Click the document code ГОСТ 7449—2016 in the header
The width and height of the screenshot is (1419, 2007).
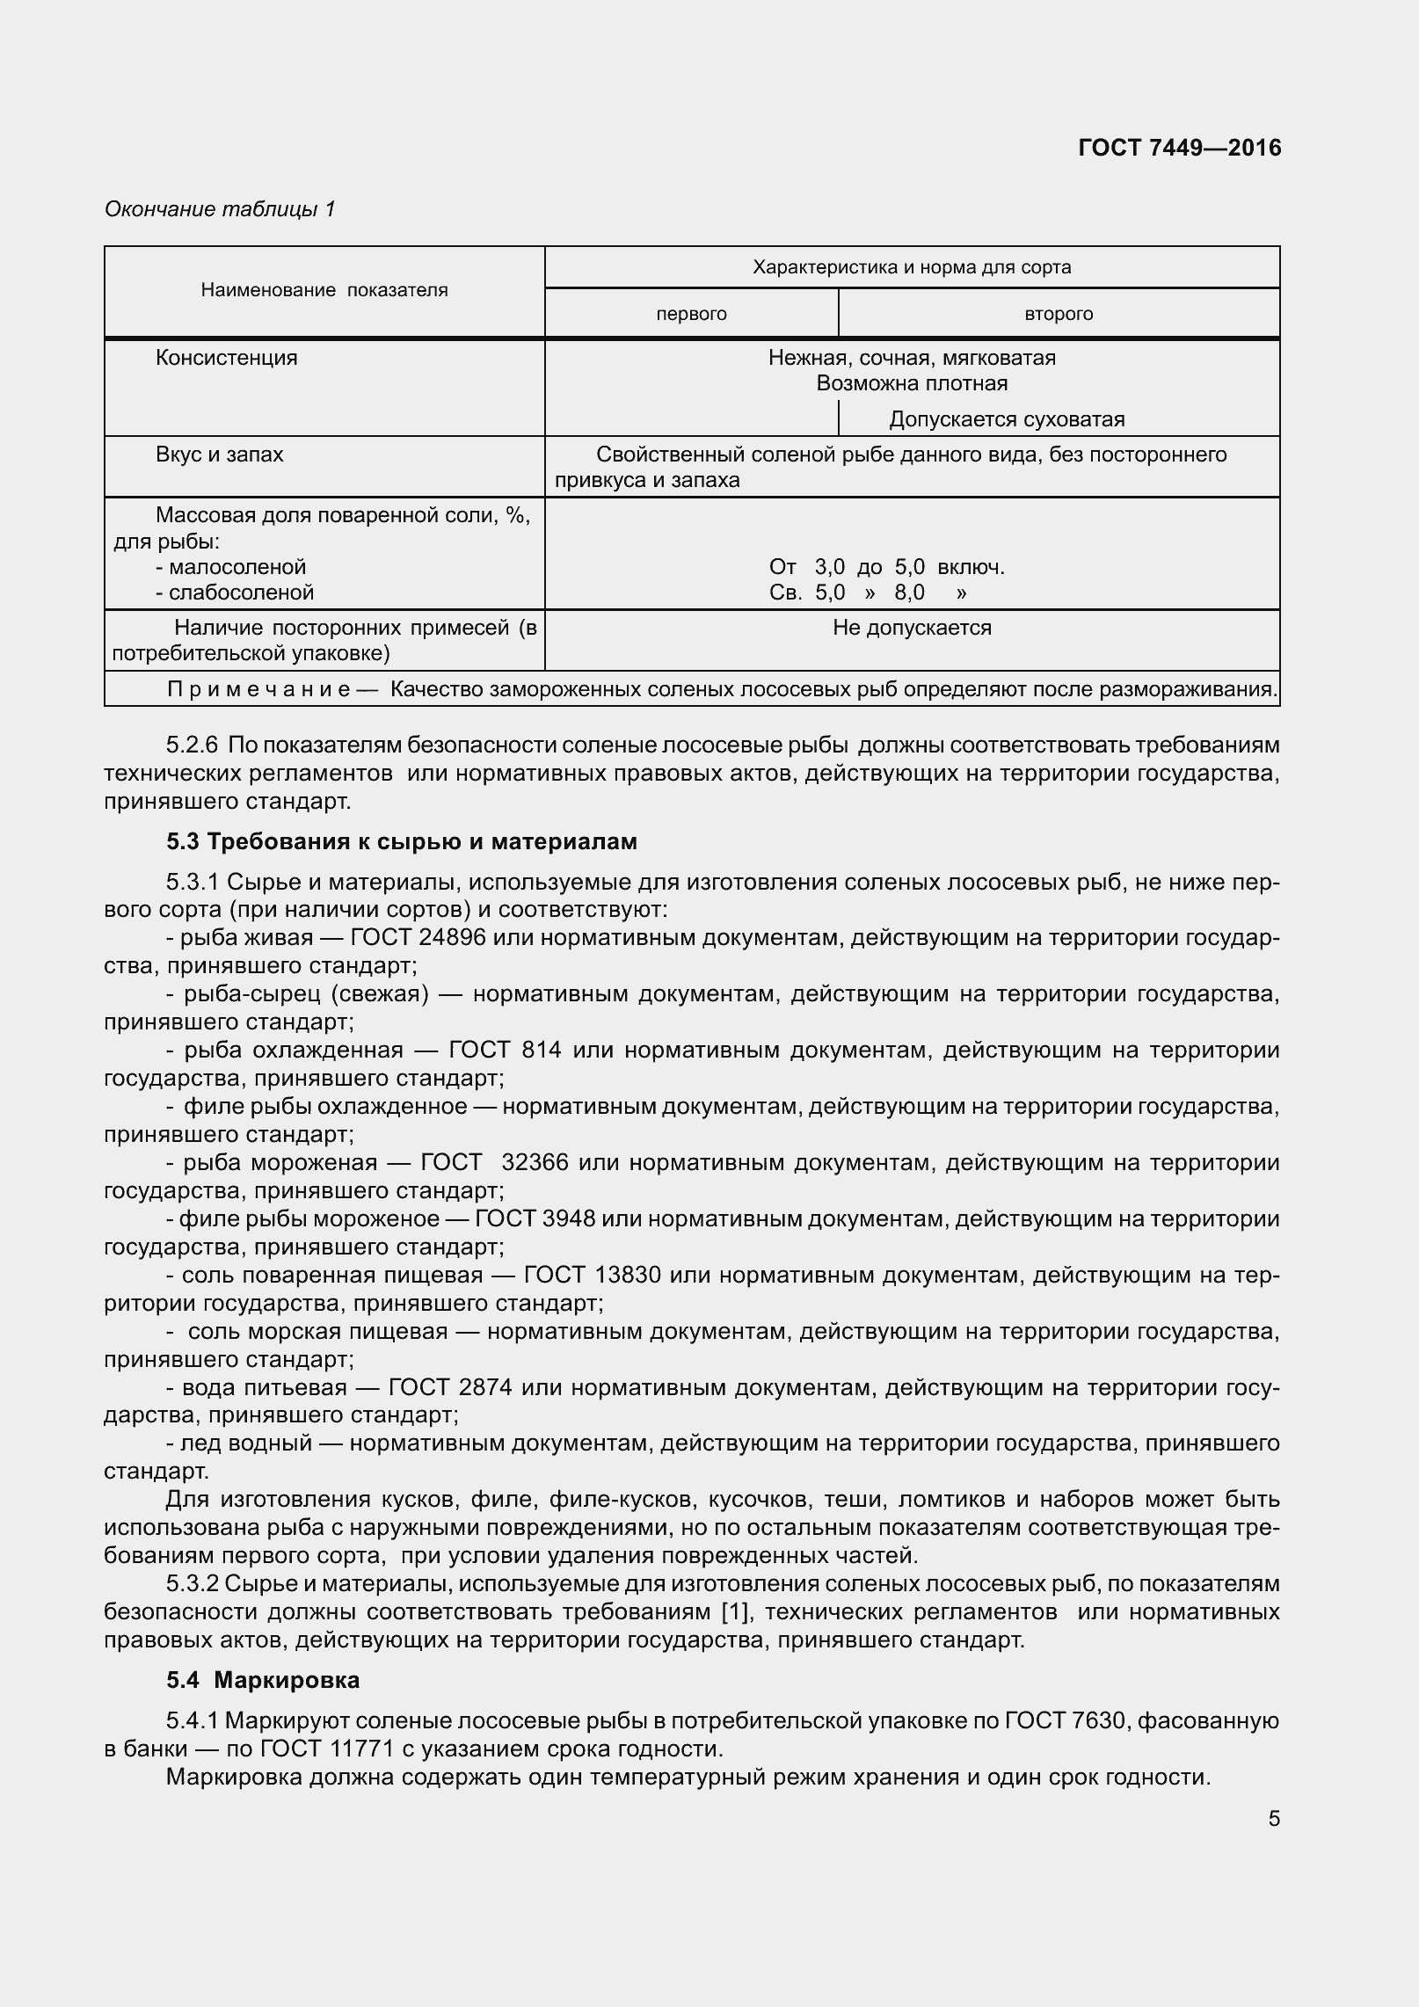click(1179, 149)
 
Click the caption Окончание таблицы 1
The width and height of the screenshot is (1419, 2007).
click(220, 209)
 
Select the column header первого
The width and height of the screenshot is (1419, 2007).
click(691, 314)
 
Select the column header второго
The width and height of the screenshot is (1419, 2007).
click(1059, 314)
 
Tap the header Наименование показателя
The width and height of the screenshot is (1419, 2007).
click(324, 290)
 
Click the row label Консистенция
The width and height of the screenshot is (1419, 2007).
click(226, 358)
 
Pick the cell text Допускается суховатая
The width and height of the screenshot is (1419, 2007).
click(1007, 419)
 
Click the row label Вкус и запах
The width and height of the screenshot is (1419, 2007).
click(219, 454)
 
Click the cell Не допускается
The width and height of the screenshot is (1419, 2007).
click(912, 628)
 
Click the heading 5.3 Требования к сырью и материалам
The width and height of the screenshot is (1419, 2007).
click(402, 841)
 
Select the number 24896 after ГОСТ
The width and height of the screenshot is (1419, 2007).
click(453, 937)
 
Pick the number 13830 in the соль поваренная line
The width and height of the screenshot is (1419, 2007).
click(628, 1275)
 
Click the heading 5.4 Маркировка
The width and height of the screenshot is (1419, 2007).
click(263, 1680)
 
